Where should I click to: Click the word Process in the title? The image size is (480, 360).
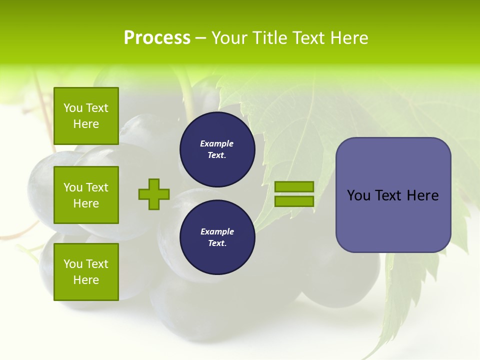[157, 38]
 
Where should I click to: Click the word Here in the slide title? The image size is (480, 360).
[348, 38]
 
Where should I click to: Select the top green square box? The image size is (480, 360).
[86, 116]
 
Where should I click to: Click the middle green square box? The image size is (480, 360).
[86, 195]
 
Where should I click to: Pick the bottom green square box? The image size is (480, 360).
[86, 272]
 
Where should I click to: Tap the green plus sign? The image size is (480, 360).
[154, 194]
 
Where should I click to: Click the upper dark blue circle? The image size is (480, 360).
[217, 149]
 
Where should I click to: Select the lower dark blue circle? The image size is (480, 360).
[217, 237]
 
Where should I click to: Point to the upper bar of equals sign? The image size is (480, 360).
[294, 186]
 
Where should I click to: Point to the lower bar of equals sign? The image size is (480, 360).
[294, 201]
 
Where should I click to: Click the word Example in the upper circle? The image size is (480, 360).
[217, 144]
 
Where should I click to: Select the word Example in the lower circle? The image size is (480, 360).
[217, 232]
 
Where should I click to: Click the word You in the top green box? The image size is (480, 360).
[73, 108]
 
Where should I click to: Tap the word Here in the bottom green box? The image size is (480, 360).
[86, 280]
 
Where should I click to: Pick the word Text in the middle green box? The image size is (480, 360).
[96, 187]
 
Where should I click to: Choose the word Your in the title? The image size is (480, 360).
[228, 38]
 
